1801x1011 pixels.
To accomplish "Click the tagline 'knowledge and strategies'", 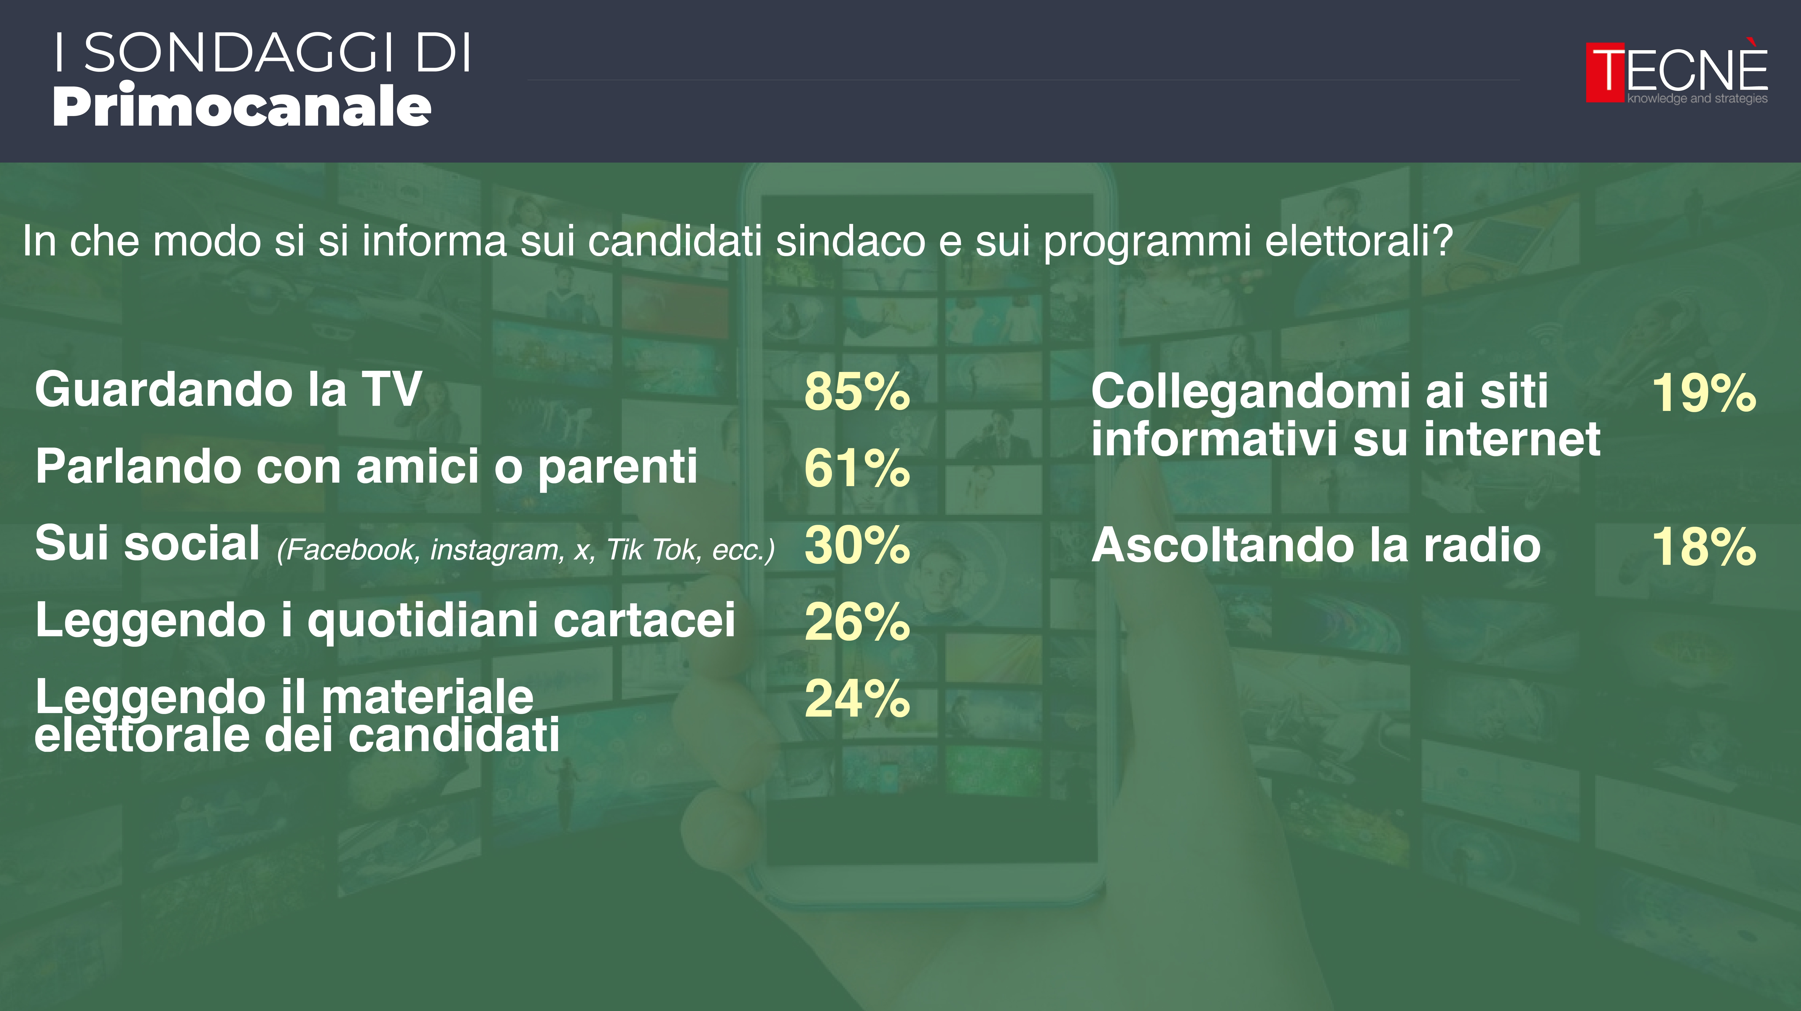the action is (1697, 99).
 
